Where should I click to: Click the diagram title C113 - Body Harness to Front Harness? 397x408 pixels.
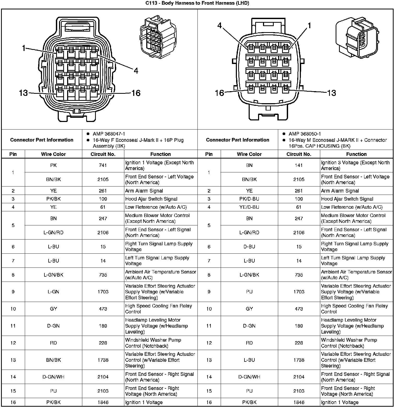point(197,3)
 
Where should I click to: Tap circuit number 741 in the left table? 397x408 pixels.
point(103,165)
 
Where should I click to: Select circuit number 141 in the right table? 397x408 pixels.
point(299,165)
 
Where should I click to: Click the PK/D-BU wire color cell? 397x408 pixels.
point(249,199)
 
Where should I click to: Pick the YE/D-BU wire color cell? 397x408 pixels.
point(249,207)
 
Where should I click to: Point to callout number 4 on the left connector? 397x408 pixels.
point(136,71)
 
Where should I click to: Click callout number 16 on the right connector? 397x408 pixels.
point(219,93)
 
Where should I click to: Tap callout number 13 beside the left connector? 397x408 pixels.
point(23,93)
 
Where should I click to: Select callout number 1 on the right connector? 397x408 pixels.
point(310,26)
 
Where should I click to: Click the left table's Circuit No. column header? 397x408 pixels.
point(103,154)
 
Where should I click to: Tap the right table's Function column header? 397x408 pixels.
point(356,154)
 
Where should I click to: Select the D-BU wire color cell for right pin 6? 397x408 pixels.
point(249,247)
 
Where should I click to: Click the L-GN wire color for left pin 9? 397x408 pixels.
point(53,292)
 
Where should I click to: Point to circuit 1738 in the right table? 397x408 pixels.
point(299,360)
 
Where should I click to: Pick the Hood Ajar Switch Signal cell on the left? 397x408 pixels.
point(151,199)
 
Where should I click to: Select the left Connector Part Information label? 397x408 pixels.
point(42,140)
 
